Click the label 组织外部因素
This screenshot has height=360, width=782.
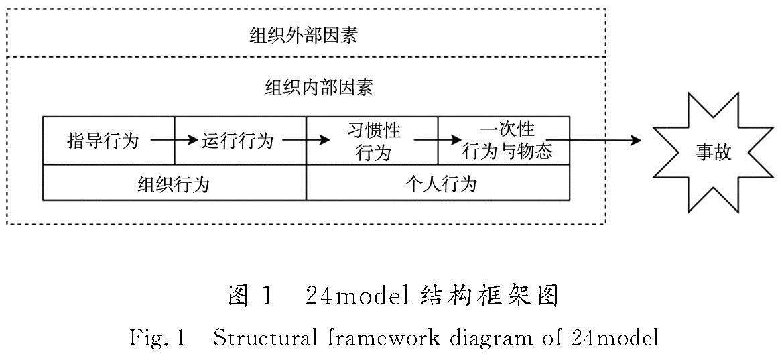point(304,35)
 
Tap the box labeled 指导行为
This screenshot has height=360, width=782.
point(103,141)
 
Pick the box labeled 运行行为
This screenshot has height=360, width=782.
point(238,141)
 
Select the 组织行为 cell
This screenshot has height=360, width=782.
point(174,183)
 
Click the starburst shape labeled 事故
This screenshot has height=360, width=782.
point(712,154)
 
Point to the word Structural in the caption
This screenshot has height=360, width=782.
point(265,338)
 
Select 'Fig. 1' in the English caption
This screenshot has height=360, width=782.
point(157,338)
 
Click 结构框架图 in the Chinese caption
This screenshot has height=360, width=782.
point(490,296)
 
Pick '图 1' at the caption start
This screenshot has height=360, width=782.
point(251,296)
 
